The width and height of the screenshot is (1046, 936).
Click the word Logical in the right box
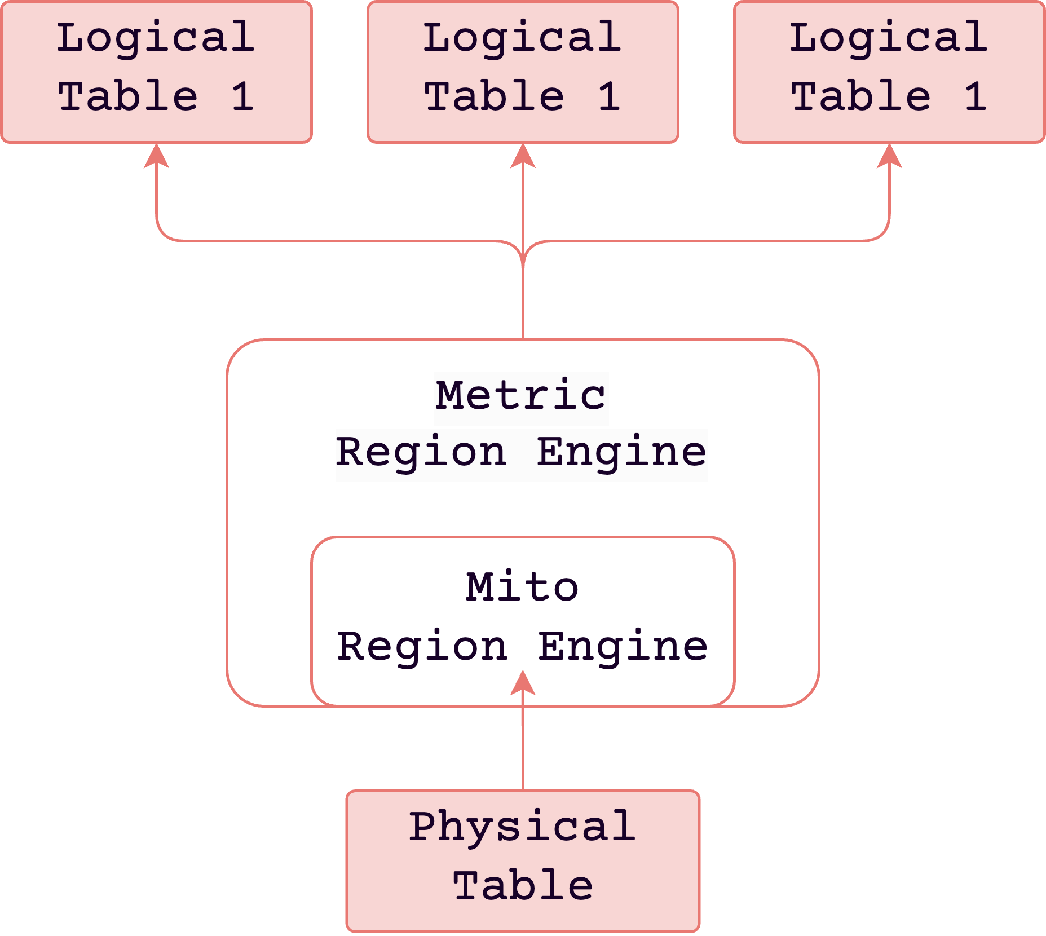888,38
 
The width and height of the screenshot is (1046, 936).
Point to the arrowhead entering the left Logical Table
156,156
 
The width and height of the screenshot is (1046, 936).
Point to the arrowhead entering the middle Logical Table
523,156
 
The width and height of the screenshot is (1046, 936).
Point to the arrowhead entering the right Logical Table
889,156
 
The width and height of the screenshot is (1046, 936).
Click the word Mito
522,588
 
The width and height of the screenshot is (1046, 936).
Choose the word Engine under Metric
621,453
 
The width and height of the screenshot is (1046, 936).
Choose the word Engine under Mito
623,647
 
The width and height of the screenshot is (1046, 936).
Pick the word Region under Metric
421,453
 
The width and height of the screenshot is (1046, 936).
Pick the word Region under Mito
422,647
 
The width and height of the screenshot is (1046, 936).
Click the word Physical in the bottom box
522,827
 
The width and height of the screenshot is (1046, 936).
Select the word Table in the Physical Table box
523,886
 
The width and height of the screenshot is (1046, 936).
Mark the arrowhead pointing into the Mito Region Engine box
523,683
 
